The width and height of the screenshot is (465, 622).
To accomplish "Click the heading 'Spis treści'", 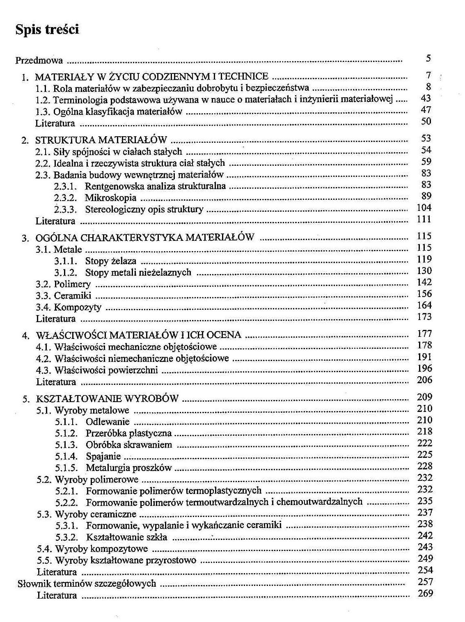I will point(47,30).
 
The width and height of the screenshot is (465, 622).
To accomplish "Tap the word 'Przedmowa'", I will point(39,61).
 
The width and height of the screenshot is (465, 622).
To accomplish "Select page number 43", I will point(426,98).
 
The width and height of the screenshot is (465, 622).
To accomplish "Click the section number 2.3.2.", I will point(66,198).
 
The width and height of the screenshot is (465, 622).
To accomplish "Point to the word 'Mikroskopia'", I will point(110,198).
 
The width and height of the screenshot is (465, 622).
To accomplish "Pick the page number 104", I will point(424,208).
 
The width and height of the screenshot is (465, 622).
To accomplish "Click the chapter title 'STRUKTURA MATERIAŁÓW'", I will point(101,140).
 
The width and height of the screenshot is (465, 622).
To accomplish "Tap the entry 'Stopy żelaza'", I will point(110,261).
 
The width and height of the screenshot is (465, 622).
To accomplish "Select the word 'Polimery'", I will point(72,284).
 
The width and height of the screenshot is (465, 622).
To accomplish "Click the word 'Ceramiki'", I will point(73,296).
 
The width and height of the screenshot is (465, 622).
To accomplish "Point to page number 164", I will point(424,305).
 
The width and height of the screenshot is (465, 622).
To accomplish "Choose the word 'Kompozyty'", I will point(78,307).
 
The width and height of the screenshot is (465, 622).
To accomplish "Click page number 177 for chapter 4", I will point(424,334).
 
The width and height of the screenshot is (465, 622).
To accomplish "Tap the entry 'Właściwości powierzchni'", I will point(106,370).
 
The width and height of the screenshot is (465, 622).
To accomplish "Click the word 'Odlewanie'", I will point(108,422).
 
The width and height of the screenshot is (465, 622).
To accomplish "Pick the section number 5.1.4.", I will point(66,456).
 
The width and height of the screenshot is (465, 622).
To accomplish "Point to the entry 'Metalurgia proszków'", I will point(128,468).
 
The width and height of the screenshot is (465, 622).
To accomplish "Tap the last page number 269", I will point(425,593).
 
